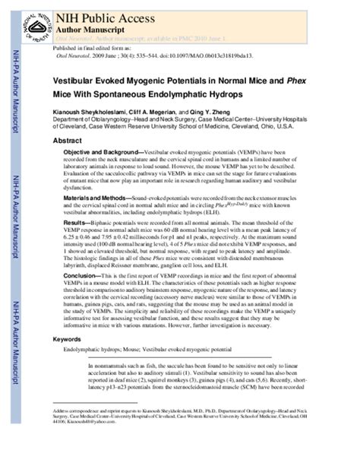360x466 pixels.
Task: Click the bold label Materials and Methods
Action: click(x=97, y=197)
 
